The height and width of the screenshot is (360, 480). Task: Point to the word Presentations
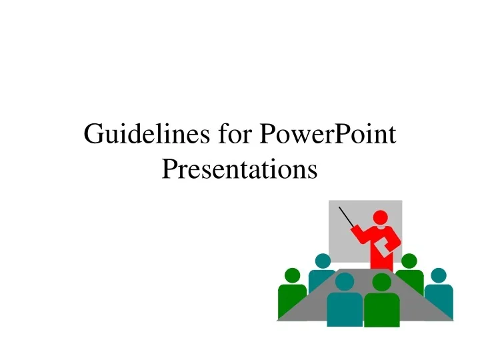pos(239,169)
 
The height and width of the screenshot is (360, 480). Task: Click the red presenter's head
pos(380,218)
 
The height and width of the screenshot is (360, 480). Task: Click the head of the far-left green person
pos(292,275)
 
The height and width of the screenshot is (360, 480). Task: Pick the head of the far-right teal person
pos(438,275)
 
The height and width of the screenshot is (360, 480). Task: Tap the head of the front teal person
pos(345,282)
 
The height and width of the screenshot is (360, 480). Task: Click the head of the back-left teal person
pos(323,261)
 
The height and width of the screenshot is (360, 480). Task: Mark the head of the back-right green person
pos(409,261)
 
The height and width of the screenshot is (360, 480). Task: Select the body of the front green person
pos(382,309)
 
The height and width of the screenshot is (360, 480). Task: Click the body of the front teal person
pos(345,309)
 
